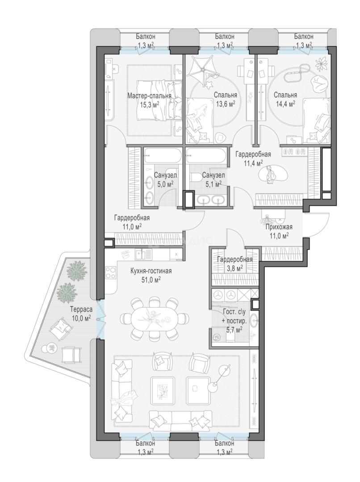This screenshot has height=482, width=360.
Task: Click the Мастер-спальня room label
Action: point(149,96)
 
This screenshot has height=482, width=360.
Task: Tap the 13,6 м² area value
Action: point(225,104)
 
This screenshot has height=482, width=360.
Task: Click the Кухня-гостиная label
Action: point(151,271)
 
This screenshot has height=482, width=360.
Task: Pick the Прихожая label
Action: point(279,227)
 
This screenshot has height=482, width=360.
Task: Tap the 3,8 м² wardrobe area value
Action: point(234,268)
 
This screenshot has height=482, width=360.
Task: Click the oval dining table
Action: point(155,319)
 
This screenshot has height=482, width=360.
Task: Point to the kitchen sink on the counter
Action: point(143,254)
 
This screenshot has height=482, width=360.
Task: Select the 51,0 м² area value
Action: point(151,279)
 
